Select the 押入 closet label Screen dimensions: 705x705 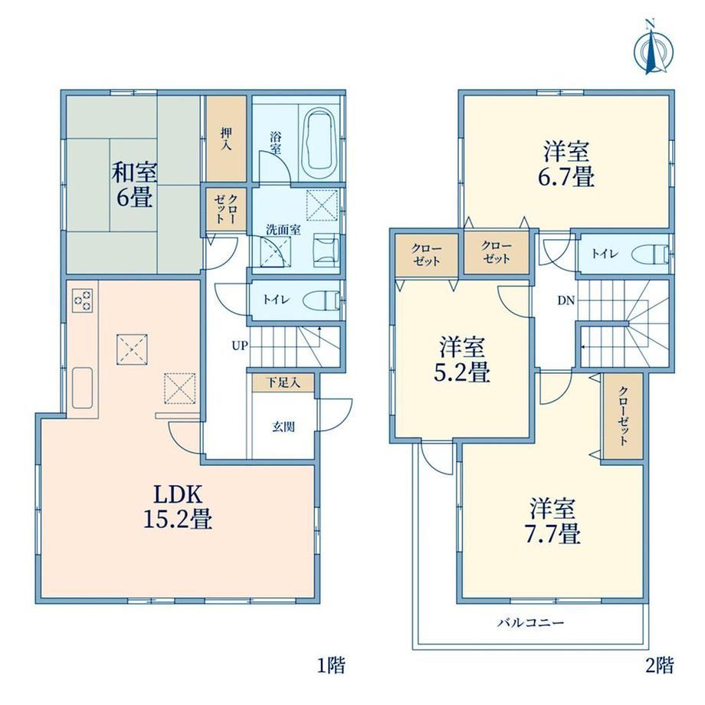pos(226,139)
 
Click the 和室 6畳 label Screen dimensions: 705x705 pos(134,185)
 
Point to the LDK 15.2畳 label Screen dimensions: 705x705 pos(177,507)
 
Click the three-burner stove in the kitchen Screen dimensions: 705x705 pos(83,300)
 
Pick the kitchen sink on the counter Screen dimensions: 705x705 pos(83,388)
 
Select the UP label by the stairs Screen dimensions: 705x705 pos(240,346)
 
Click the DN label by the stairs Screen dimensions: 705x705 pos(566,300)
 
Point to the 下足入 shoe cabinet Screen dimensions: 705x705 pos(283,382)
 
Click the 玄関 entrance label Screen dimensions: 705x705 pos(284,426)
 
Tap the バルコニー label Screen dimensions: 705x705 pos(530,623)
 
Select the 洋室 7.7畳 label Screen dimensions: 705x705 pos(553,520)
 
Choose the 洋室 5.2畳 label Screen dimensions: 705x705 pos(462,359)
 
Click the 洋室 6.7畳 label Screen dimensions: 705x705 pos(566,163)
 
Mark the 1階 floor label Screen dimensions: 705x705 pos(331,665)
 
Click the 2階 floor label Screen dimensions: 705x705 pos(660,665)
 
